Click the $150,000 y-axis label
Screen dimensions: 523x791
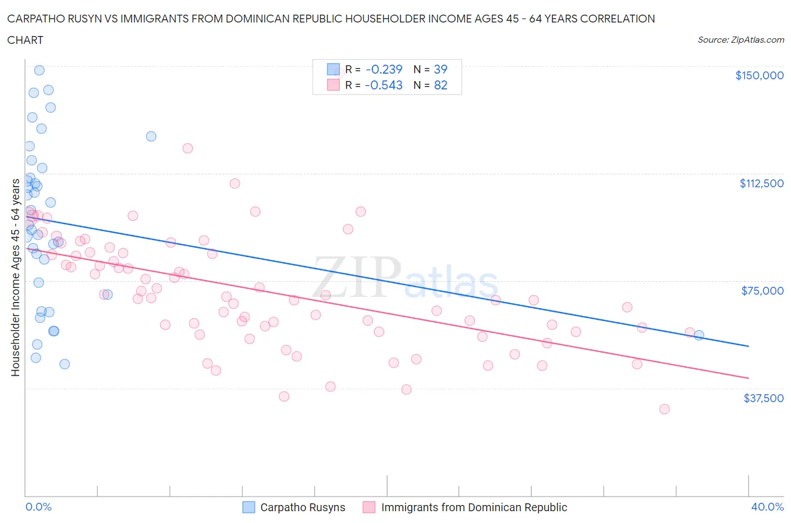pyautogui.click(x=759, y=75)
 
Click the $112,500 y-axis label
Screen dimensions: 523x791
pyautogui.click(x=761, y=183)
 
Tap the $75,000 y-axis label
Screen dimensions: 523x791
pyautogui.click(x=762, y=291)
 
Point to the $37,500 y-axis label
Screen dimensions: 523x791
pyautogui.click(x=763, y=398)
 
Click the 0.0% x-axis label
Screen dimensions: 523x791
pyautogui.click(x=38, y=507)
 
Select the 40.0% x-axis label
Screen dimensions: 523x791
pyautogui.click(x=767, y=507)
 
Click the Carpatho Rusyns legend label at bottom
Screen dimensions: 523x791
pyautogui.click(x=302, y=507)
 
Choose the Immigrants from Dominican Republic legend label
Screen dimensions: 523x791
pyautogui.click(x=474, y=507)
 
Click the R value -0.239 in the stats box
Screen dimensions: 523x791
pyautogui.click(x=384, y=69)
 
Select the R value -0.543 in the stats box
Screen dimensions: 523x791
pyautogui.click(x=384, y=85)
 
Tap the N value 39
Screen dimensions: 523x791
pyautogui.click(x=440, y=69)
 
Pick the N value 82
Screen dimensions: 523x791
pyautogui.click(x=440, y=85)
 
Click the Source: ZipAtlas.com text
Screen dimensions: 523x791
pyautogui.click(x=740, y=40)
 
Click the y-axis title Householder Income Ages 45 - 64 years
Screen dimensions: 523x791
pyautogui.click(x=15, y=277)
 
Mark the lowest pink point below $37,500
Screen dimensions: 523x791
pyautogui.click(x=664, y=409)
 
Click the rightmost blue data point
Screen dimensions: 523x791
pyautogui.click(x=699, y=335)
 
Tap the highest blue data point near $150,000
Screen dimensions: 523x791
pyautogui.click(x=39, y=70)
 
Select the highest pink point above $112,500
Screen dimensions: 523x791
pyautogui.click(x=188, y=148)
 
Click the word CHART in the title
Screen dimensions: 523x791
pyautogui.click(x=25, y=40)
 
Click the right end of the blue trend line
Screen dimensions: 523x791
pyautogui.click(x=748, y=346)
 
